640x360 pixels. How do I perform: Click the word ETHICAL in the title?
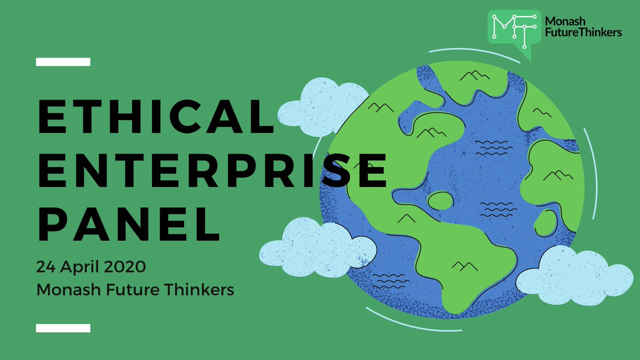[x=155, y=118]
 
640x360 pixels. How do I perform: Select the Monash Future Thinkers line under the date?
[x=135, y=290]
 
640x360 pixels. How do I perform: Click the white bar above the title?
[x=63, y=62]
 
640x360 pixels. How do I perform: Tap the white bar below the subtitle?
[x=63, y=327]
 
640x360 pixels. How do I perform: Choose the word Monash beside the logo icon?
[x=565, y=21]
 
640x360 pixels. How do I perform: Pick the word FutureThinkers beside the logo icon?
[x=582, y=33]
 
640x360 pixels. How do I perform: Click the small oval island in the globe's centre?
[x=441, y=201]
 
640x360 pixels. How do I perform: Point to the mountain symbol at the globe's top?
[x=474, y=76]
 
